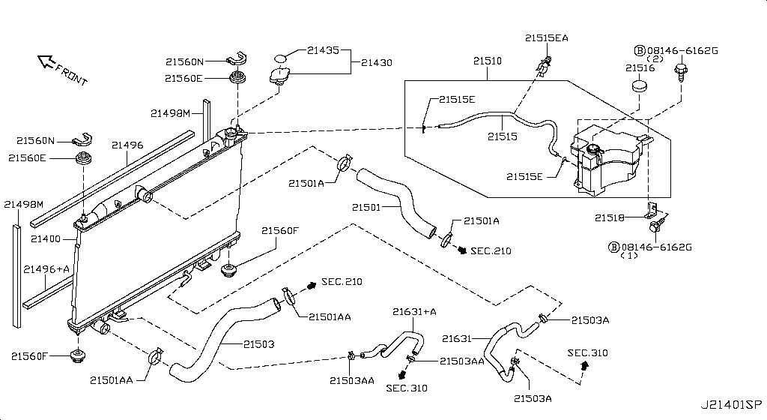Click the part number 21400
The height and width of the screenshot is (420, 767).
45,238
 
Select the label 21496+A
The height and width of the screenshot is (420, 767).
46,268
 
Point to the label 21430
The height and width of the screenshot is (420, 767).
376,63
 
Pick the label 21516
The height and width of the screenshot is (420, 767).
640,67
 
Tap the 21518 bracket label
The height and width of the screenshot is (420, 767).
610,217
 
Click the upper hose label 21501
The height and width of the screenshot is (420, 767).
367,206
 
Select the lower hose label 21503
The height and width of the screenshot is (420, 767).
258,344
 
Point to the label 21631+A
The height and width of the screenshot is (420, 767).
414,312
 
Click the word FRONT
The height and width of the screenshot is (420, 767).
73,73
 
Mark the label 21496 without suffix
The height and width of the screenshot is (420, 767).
127,145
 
